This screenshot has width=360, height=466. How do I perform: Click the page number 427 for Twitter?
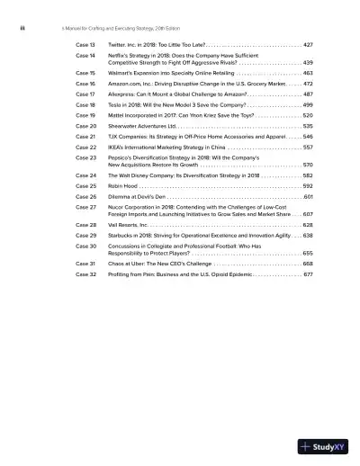pyautogui.click(x=308, y=43)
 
